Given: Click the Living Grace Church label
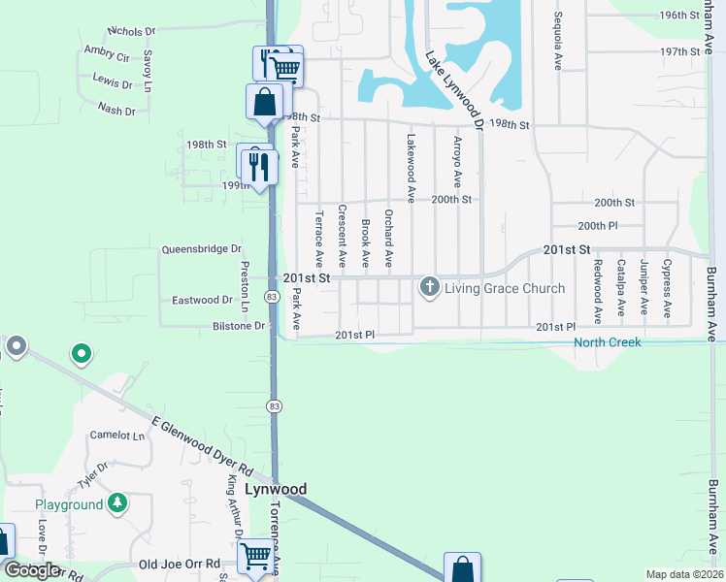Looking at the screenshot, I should tap(505, 288).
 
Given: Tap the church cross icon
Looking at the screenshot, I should tap(429, 287).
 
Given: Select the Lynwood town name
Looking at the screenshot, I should tap(276, 490).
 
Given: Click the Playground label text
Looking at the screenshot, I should tap(69, 504).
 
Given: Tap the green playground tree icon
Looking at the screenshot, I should tap(117, 502).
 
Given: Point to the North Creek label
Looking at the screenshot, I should tap(607, 341).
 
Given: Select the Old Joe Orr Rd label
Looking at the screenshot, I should tap(180, 564).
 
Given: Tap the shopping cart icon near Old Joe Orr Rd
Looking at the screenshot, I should tap(255, 557).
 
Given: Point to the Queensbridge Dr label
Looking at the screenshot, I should tap(201, 249).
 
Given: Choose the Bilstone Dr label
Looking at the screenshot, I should tap(239, 326).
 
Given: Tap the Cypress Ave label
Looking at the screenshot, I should tap(667, 288).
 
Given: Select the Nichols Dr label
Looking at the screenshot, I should tap(136, 32).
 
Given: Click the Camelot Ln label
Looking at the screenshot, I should tap(117, 436).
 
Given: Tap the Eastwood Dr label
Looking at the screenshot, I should tap(200, 301).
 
